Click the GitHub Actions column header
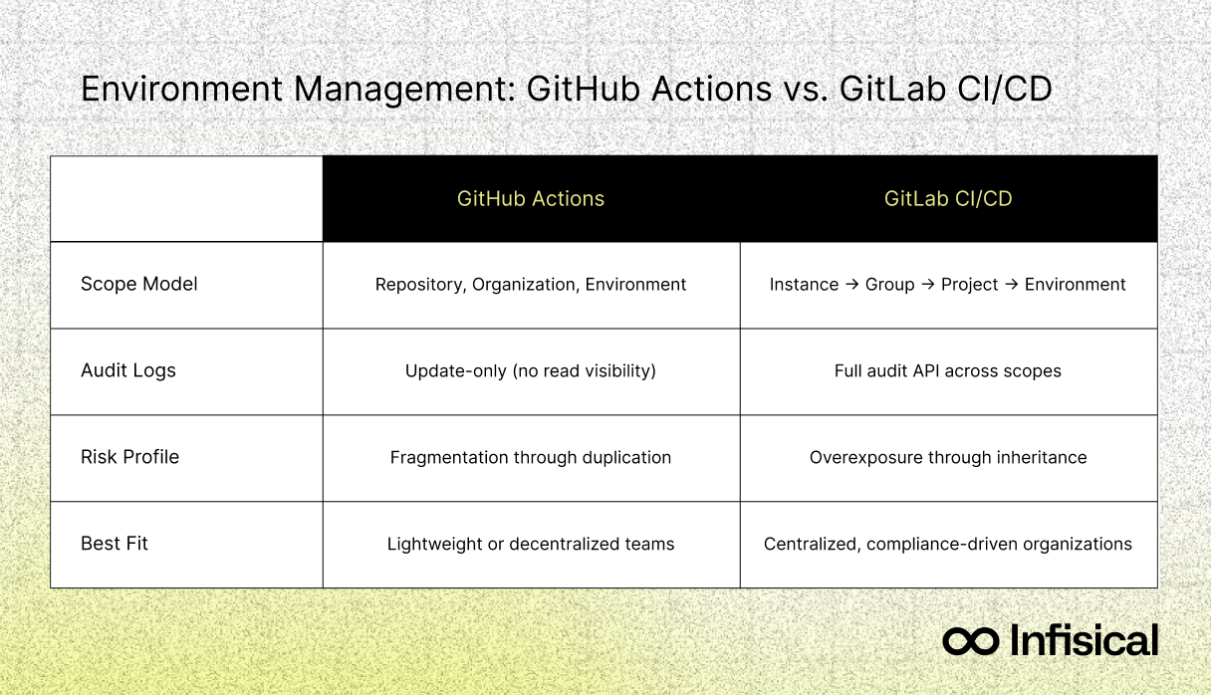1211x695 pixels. (x=531, y=198)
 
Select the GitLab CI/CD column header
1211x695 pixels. (x=948, y=198)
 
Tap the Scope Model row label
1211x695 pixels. (x=139, y=284)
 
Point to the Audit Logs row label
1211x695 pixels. (x=128, y=370)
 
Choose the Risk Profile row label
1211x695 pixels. (x=129, y=457)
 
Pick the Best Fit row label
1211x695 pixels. (x=115, y=543)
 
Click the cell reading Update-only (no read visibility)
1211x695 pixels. (x=531, y=370)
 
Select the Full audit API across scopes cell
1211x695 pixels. (x=948, y=370)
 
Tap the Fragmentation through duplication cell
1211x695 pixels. (x=531, y=457)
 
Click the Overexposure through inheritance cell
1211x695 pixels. (x=948, y=457)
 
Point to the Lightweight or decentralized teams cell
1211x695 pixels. (x=531, y=544)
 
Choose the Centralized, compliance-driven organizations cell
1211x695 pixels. (x=948, y=544)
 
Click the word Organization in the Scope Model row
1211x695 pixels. (x=523, y=285)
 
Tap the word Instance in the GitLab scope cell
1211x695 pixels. (x=804, y=284)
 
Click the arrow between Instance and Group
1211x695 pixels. (x=852, y=284)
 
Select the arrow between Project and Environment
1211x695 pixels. (x=1012, y=284)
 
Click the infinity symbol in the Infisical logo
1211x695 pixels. (x=971, y=641)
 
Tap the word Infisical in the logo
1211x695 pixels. (x=1084, y=640)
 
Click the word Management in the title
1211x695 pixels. (x=404, y=90)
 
